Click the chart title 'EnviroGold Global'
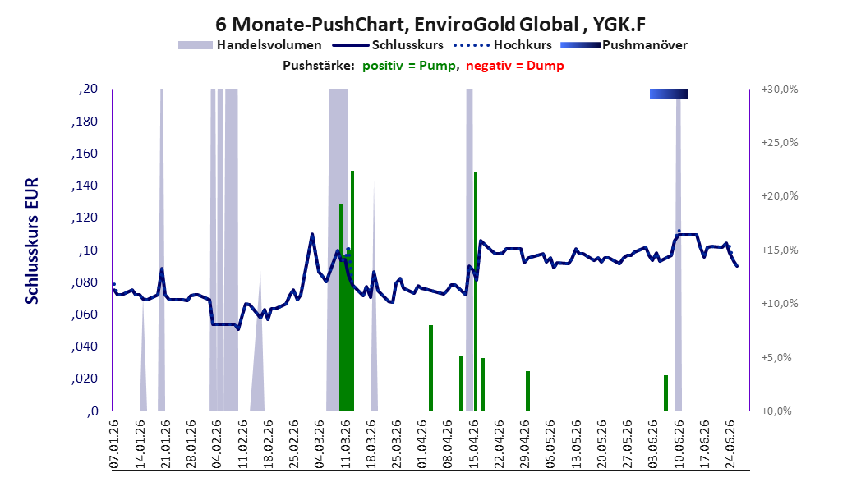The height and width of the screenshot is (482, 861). click(496, 25)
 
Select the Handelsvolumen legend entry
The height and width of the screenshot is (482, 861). click(250, 45)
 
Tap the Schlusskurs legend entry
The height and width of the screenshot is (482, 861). click(388, 45)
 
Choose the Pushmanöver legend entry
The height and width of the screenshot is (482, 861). click(624, 45)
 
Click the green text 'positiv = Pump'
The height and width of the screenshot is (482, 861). click(408, 66)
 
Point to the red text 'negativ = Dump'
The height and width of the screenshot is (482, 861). click(515, 66)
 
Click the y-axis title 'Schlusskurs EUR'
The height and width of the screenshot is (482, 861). click(32, 241)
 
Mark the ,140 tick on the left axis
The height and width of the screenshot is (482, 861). click(85, 186)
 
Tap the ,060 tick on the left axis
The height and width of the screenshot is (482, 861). click(85, 314)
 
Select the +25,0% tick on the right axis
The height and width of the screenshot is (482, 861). click(780, 142)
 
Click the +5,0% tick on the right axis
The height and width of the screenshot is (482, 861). click(776, 357)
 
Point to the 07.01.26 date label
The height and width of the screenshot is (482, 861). click(114, 445)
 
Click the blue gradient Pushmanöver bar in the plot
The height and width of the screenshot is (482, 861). click(669, 94)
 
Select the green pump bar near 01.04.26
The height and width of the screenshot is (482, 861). click(431, 368)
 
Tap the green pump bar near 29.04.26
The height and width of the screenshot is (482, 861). click(527, 391)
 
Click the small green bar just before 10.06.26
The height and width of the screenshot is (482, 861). click(665, 393)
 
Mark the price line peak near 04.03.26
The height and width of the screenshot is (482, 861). click(312, 234)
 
